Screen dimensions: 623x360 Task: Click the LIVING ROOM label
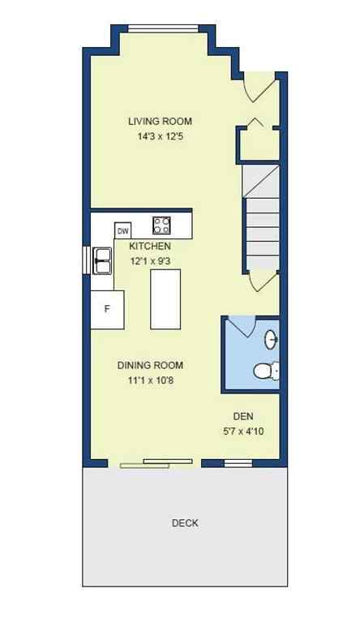point(160,122)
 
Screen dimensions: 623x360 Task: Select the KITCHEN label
point(151,245)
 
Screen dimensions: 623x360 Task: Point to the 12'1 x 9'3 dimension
point(151,261)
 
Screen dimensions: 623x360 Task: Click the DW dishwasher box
point(123,231)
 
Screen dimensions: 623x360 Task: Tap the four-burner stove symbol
point(162,224)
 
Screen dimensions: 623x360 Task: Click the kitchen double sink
point(103,260)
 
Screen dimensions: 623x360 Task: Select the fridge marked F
point(105,308)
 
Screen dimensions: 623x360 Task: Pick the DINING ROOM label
point(150,365)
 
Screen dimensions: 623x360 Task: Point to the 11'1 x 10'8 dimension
point(150,380)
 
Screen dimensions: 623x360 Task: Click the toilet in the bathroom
point(265,372)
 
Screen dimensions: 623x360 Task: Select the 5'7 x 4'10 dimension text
point(243,432)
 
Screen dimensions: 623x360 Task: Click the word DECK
point(185,523)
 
